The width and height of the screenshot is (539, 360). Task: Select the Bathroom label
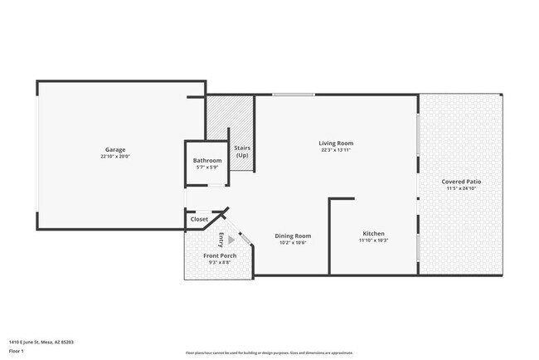pyautogui.click(x=207, y=160)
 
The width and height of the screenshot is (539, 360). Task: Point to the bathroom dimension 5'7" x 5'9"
pyautogui.click(x=207, y=168)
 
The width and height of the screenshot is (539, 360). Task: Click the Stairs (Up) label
pyautogui.click(x=242, y=152)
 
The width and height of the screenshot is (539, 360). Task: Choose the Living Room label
pyautogui.click(x=336, y=144)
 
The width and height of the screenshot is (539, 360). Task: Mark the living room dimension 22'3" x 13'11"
pyautogui.click(x=336, y=150)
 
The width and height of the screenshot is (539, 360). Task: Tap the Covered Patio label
pyautogui.click(x=461, y=181)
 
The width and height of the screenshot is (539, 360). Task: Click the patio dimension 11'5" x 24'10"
pyautogui.click(x=461, y=188)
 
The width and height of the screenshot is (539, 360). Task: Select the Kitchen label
pyautogui.click(x=373, y=234)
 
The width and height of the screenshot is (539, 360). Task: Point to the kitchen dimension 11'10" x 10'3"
pyautogui.click(x=373, y=241)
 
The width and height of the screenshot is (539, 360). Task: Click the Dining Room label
pyautogui.click(x=293, y=236)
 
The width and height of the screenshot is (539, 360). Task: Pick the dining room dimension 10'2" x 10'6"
pyautogui.click(x=293, y=243)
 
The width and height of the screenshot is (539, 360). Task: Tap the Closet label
pyautogui.click(x=200, y=219)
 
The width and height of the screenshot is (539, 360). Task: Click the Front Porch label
pyautogui.click(x=220, y=255)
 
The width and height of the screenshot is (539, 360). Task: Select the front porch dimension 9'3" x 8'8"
pyautogui.click(x=220, y=263)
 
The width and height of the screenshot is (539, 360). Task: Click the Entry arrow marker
pyautogui.click(x=231, y=240)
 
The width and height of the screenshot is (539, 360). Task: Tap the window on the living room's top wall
pyautogui.click(x=294, y=95)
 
